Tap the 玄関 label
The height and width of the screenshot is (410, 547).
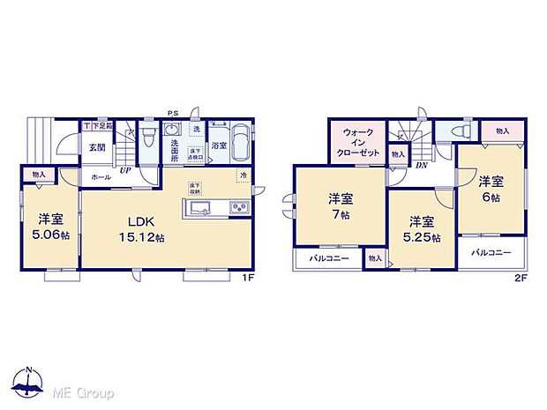(97, 147)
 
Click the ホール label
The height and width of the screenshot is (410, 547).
(99, 176)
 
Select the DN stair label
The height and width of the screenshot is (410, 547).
(421, 165)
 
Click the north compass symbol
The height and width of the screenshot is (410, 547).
(29, 383)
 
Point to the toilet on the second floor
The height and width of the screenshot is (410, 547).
(459, 130)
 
